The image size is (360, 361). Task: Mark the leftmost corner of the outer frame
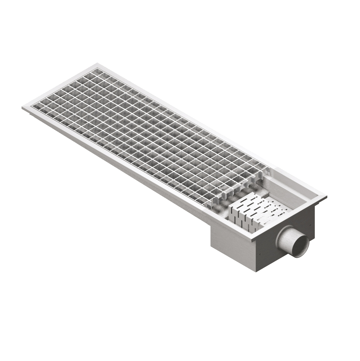click(22, 109)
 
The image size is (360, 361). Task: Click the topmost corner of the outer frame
click(98, 65)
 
